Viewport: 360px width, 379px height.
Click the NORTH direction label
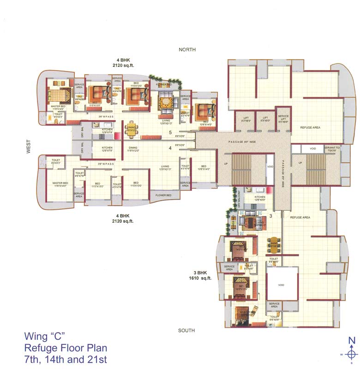tap(188, 49)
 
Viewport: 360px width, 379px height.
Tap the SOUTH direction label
tap(186, 330)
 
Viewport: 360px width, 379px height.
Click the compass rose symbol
tap(352, 354)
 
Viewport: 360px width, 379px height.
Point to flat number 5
tap(170, 133)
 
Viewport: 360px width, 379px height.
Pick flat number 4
tap(170, 148)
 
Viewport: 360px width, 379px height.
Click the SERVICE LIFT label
tap(283, 118)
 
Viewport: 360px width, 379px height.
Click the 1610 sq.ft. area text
tap(200, 278)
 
